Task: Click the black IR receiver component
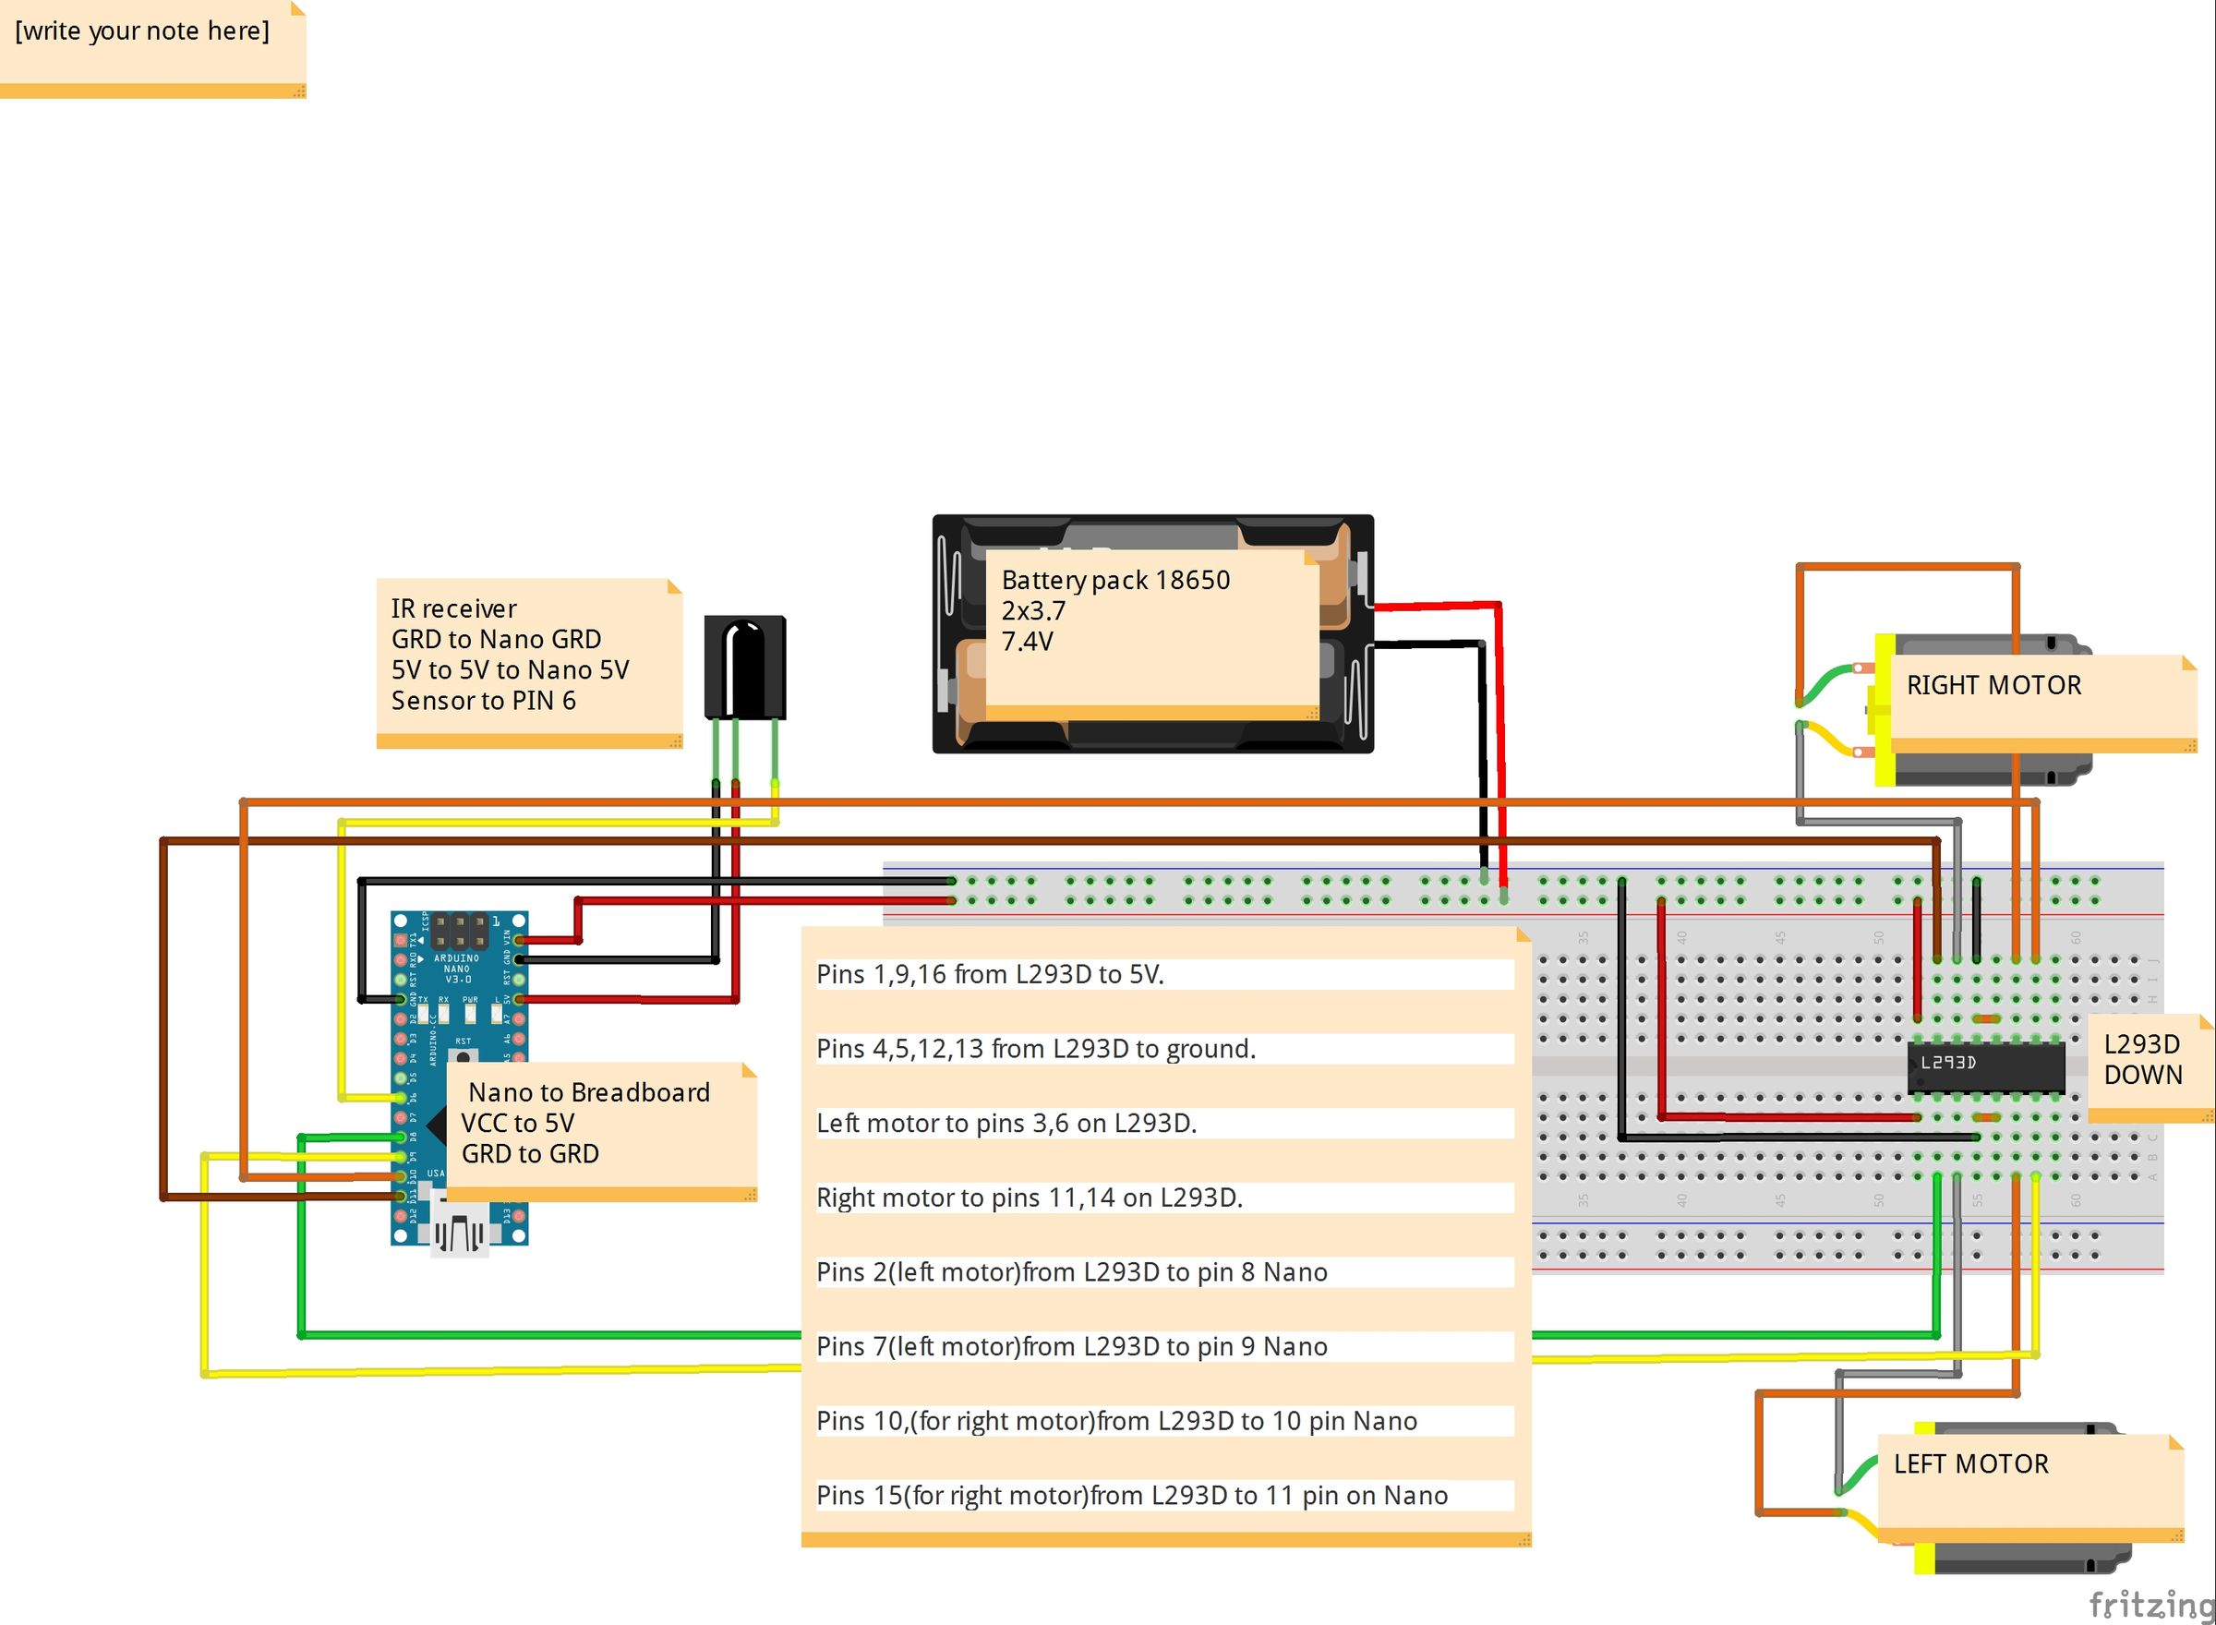744,667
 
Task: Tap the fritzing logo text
2150,1605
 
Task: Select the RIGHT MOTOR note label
1993,686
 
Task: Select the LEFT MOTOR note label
1970,1463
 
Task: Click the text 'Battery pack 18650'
1114,581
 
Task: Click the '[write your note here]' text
141,30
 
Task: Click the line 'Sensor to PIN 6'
483,701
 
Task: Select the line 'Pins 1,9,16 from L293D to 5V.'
990,974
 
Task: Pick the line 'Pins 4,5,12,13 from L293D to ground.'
1036,1049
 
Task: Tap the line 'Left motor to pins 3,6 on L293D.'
1006,1124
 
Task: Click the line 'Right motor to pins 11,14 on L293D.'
1029,1198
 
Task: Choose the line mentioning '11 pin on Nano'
1131,1495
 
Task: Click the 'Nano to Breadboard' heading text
588,1092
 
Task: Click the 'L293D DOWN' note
2141,1059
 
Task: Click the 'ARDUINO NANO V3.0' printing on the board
456,968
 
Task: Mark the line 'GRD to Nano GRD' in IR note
496,639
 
